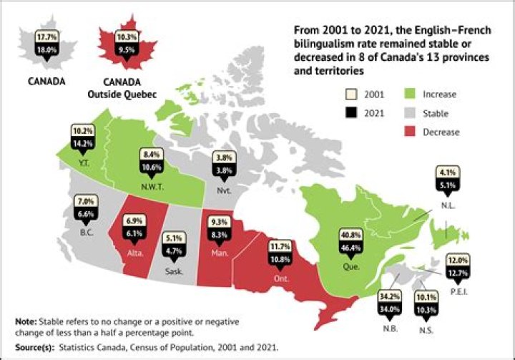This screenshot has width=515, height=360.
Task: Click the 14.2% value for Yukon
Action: [x=83, y=142]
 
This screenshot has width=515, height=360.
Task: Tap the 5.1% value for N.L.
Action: [x=446, y=184]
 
